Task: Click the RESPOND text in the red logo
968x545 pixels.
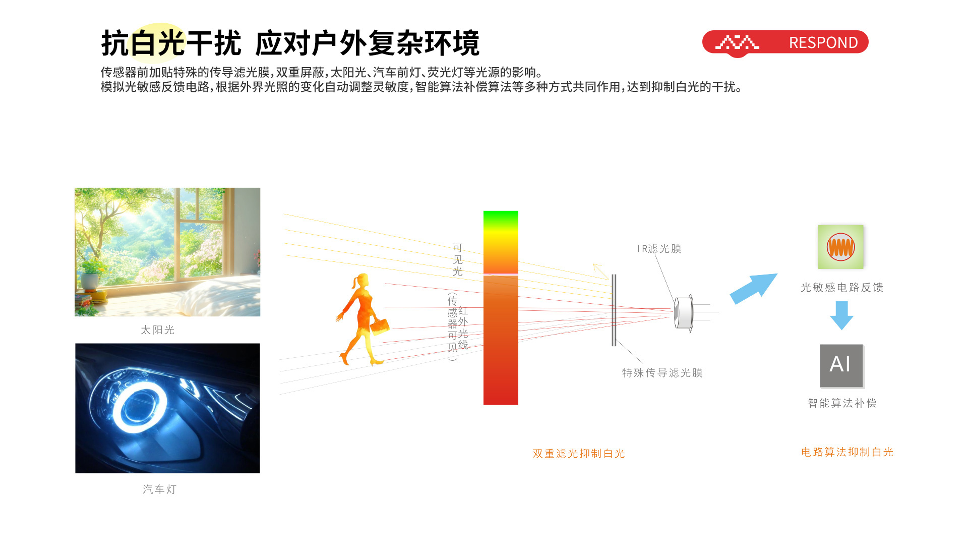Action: click(x=823, y=42)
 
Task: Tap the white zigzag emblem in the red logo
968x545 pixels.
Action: click(x=737, y=42)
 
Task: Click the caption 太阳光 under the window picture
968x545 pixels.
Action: click(x=158, y=330)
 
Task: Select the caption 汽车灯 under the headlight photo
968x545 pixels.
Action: click(x=159, y=489)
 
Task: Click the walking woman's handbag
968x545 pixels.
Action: click(x=380, y=326)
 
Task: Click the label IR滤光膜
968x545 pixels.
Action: click(x=659, y=249)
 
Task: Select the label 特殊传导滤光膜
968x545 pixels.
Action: click(x=662, y=373)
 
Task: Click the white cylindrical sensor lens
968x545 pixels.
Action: click(x=684, y=313)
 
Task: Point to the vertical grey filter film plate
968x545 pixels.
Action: click(x=614, y=310)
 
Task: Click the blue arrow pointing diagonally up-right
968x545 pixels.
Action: click(x=754, y=289)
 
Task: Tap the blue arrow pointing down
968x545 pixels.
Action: click(x=841, y=315)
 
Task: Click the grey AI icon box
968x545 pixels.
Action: click(x=841, y=366)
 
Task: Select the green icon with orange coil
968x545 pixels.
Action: click(x=840, y=247)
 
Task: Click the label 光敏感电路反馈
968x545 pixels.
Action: click(x=842, y=288)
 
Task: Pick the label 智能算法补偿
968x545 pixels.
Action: click(x=842, y=403)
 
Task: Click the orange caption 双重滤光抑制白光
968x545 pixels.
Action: click(x=579, y=454)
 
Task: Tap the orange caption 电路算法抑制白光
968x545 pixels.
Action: click(x=847, y=452)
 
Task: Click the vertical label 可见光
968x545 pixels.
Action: click(x=458, y=259)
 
